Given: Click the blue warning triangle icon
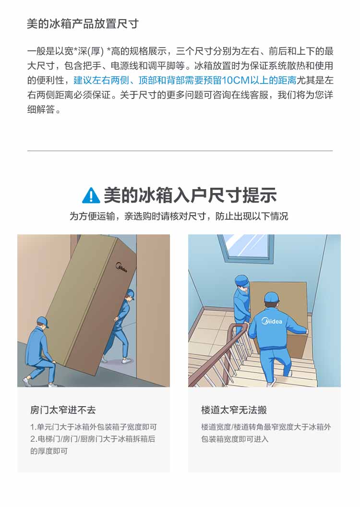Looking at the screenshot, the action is (x=91, y=195).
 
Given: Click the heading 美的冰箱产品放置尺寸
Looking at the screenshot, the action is (x=83, y=24).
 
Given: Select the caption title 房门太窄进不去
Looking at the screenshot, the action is (x=63, y=410).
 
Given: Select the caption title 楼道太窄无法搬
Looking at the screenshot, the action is (x=234, y=410).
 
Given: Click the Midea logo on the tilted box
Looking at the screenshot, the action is (x=121, y=267).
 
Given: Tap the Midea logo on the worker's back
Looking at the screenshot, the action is (x=272, y=321).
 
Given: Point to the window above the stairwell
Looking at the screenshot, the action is (x=245, y=246).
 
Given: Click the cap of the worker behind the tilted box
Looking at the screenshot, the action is (x=131, y=294).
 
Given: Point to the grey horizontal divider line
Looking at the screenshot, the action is (x=180, y=151).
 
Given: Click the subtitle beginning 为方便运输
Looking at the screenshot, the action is (x=179, y=216).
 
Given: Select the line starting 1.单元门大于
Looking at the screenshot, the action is (x=94, y=427).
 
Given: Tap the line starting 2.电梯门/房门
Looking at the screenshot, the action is (x=93, y=439).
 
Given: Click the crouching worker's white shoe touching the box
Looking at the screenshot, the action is (x=52, y=385).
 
